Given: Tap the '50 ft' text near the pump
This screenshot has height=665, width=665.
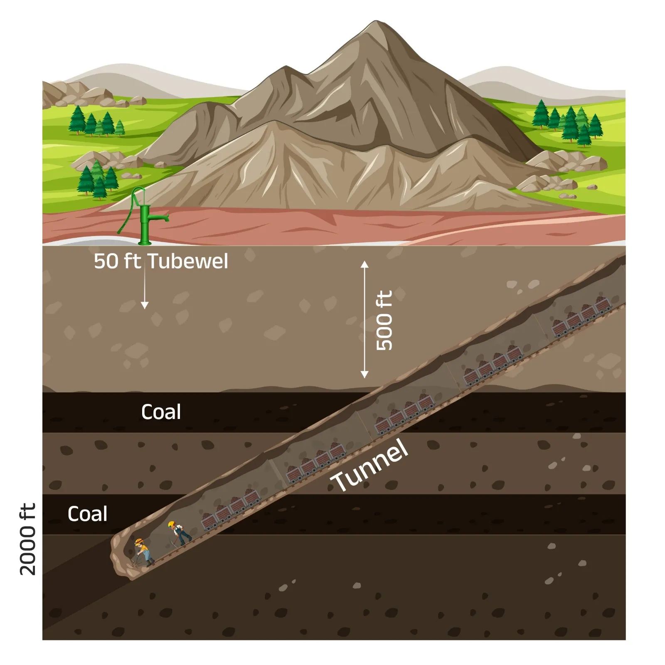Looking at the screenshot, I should coord(117,261).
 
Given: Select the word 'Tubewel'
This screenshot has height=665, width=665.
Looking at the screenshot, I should coord(188,261).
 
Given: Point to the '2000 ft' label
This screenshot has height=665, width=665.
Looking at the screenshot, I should coord(28,539).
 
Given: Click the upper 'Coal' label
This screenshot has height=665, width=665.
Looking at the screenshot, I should coord(161,412).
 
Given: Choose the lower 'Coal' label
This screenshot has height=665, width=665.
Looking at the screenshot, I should coord(87,514).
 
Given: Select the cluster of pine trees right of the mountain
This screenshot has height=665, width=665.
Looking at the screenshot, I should coord(567,121).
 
